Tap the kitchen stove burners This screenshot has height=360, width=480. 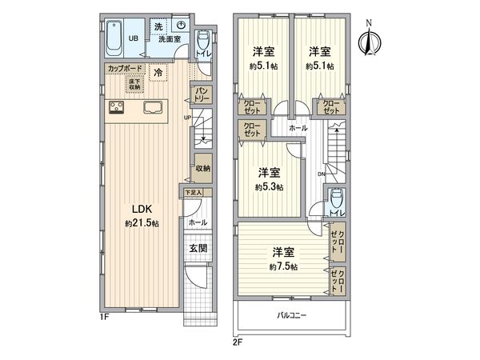tap(114, 108)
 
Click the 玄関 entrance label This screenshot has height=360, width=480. tap(198, 249)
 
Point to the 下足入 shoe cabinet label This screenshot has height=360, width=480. tap(194, 193)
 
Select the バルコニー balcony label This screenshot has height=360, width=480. tap(293, 315)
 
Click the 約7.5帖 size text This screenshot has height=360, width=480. tap(283, 266)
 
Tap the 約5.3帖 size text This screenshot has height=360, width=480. tap(269, 187)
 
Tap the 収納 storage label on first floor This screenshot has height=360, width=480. tap(202, 169)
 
